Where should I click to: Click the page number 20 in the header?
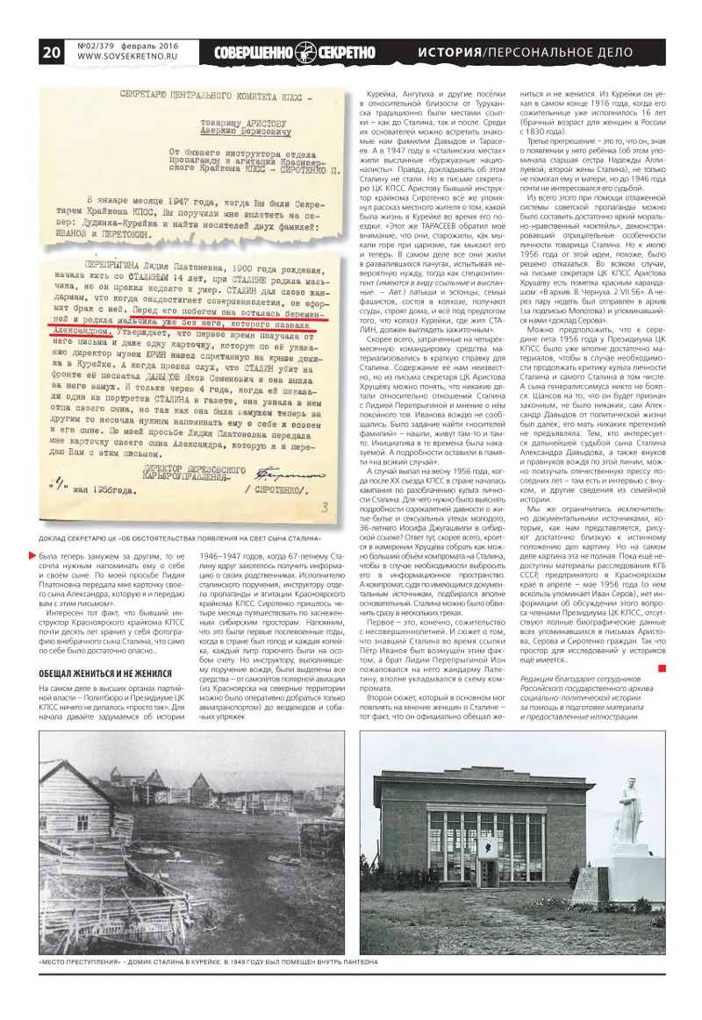pos(50,53)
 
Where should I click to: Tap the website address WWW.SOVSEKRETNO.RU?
pos(127,59)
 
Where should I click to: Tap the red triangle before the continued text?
pos(33,556)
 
